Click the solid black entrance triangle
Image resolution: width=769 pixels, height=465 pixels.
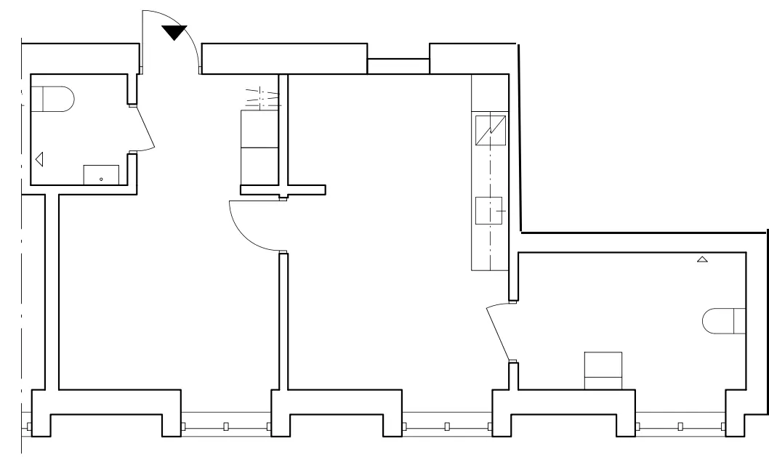click(174, 33)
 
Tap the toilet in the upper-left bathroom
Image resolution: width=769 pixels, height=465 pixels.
click(54, 99)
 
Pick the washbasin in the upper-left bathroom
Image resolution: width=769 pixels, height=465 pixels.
click(101, 174)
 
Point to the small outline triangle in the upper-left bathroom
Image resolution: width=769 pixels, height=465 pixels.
click(39, 158)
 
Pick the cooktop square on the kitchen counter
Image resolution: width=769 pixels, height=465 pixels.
click(489, 211)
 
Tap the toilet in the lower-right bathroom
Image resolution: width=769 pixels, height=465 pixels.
click(724, 321)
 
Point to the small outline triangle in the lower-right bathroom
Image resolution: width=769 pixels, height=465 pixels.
click(701, 259)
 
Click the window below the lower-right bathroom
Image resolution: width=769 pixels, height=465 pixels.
click(680, 426)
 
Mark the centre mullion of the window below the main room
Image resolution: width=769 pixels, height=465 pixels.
click(447, 426)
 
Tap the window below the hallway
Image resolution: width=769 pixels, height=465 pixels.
click(225, 426)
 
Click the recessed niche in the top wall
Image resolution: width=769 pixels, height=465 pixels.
click(398, 65)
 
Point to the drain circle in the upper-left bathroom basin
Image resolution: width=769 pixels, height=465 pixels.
click(101, 178)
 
